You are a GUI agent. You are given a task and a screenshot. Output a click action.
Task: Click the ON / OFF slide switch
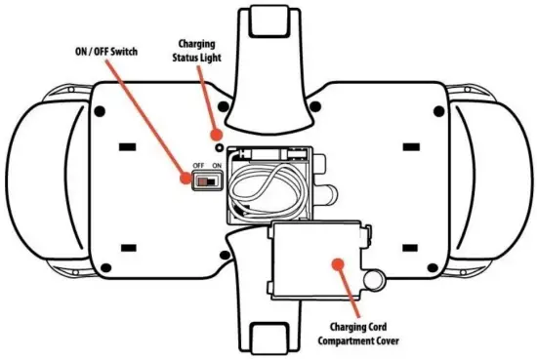click(x=206, y=180)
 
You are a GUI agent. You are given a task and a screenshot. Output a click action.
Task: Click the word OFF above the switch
click(x=198, y=167)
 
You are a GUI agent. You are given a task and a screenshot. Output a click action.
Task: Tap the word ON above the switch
click(x=217, y=167)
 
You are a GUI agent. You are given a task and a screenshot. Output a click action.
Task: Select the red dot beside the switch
click(x=187, y=179)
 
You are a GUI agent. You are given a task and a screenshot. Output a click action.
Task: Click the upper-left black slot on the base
click(x=125, y=148)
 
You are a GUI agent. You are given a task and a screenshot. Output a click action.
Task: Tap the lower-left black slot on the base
click(x=125, y=246)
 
